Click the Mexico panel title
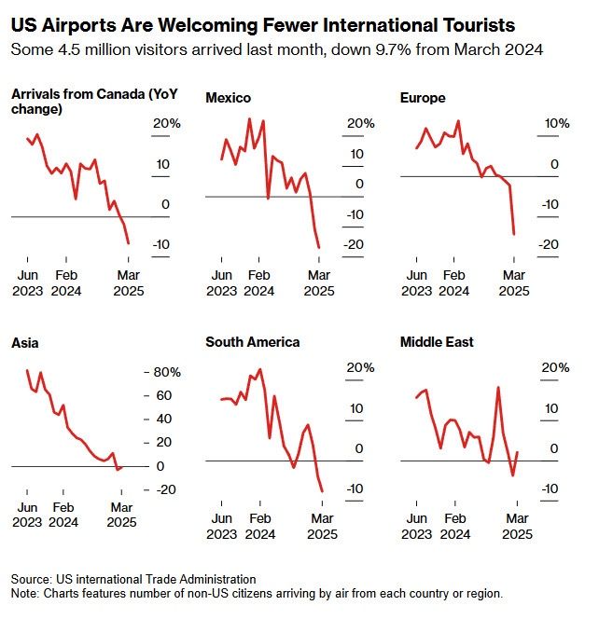point(227,97)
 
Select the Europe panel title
point(422,97)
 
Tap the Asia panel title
point(25,342)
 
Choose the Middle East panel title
point(437,342)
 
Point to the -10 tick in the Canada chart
point(161,245)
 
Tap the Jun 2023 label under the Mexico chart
point(221,282)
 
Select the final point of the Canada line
point(128,243)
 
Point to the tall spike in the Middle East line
point(498,387)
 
